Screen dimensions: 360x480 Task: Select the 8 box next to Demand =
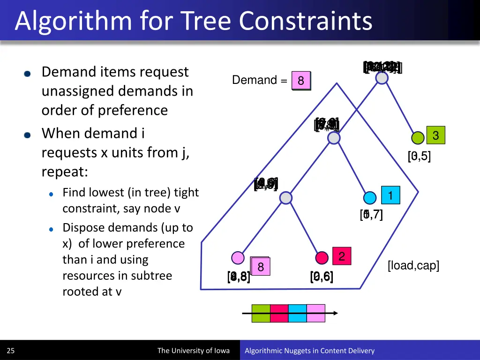click(301, 81)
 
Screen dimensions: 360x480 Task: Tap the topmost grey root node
click(382, 78)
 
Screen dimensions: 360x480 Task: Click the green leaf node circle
click(417, 138)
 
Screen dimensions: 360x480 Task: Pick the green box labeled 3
click(435, 135)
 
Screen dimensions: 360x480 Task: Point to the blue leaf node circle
click(370, 198)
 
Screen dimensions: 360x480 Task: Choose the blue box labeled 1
click(390, 195)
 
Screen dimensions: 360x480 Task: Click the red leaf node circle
click(322, 258)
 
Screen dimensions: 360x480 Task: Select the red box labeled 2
click(342, 256)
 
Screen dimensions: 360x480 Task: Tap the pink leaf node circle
click(238, 258)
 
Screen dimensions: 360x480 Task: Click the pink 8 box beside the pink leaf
click(261, 267)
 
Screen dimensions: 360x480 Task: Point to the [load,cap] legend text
click(413, 266)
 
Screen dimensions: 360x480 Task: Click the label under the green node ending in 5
click(419, 156)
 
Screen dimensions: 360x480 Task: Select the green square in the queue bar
click(261, 313)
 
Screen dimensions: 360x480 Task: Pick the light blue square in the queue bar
click(298, 313)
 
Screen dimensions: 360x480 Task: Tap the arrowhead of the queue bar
click(335, 313)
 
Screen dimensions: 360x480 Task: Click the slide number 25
click(11, 351)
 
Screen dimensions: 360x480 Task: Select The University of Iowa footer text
click(193, 351)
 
